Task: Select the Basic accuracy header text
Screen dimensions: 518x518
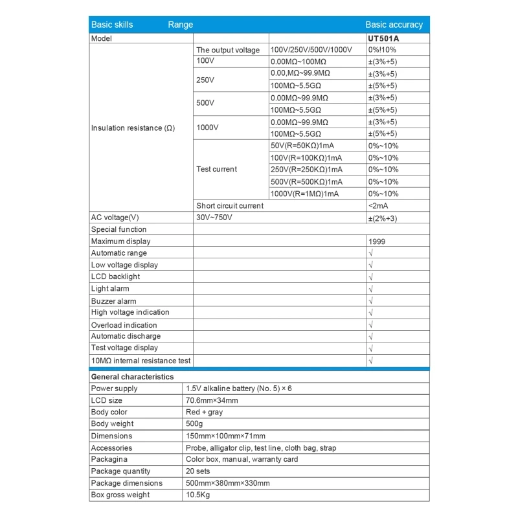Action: click(394, 25)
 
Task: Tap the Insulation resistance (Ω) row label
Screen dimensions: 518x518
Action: click(133, 128)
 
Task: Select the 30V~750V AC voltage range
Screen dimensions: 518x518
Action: click(214, 218)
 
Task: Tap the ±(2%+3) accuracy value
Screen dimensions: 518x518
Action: click(383, 218)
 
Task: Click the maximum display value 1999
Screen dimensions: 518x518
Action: click(376, 242)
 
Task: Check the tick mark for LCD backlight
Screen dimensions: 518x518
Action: click(370, 277)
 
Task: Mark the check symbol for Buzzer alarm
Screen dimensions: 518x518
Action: click(370, 301)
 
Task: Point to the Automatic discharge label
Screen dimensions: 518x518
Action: click(126, 337)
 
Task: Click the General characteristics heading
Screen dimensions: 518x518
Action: click(132, 376)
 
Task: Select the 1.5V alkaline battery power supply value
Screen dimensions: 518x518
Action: click(238, 388)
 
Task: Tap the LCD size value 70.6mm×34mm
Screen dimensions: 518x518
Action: click(211, 401)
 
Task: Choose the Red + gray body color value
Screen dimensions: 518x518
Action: click(204, 412)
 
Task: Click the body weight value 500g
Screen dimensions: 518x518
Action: click(195, 424)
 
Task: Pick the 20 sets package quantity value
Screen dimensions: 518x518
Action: click(198, 471)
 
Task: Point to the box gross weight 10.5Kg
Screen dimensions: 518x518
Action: click(198, 495)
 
